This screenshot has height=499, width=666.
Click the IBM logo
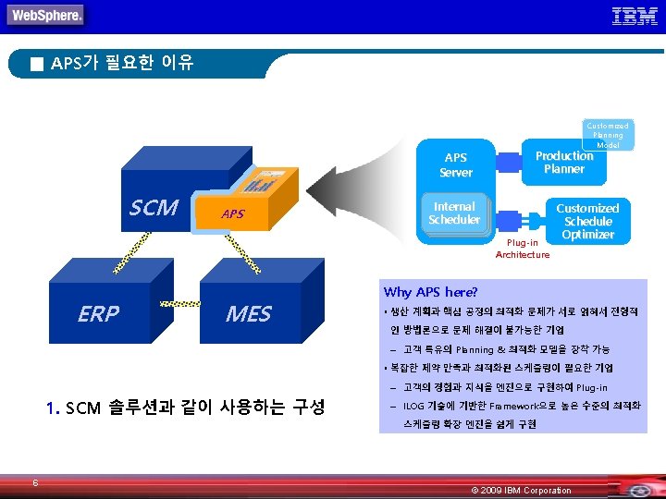tap(635, 16)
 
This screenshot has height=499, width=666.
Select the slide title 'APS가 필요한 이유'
tap(122, 64)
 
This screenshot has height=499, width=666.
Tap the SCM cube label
tap(154, 208)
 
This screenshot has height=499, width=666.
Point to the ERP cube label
tap(98, 314)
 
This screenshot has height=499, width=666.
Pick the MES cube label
tap(248, 314)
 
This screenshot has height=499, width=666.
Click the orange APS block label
tap(233, 214)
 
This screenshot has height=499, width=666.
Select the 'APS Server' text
tap(456, 165)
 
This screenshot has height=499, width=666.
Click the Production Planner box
tap(564, 163)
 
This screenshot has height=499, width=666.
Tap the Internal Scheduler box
tap(454, 213)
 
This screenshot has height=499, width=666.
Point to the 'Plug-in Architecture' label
tap(523, 249)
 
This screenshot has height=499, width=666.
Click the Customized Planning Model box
tap(608, 135)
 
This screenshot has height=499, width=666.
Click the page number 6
tap(34, 481)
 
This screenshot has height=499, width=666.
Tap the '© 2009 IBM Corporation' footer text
tap(522, 490)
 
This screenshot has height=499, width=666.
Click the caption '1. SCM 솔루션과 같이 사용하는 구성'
tap(185, 407)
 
